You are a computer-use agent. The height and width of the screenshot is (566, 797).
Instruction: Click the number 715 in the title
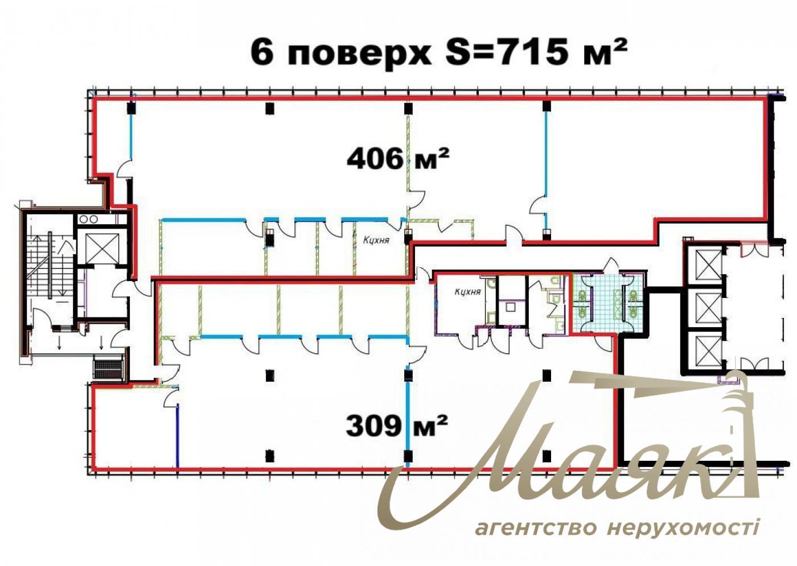tap(530, 52)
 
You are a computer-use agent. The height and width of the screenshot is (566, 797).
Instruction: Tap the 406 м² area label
tap(397, 159)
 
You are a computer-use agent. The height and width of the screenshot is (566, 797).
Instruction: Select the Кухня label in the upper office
tap(376, 240)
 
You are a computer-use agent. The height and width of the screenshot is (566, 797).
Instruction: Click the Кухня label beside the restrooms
tap(467, 292)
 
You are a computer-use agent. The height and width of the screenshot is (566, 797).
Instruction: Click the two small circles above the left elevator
tap(88, 220)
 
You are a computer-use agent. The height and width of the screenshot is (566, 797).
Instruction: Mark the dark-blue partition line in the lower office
tap(178, 436)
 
